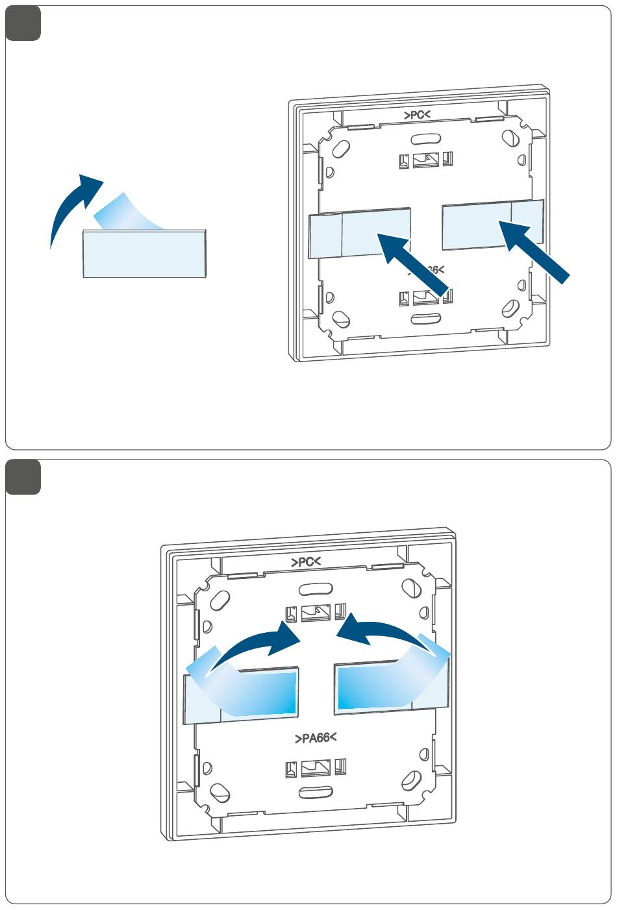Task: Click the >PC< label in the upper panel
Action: coord(417,115)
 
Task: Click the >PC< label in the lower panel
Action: coord(306,561)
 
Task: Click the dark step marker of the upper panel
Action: coord(23,23)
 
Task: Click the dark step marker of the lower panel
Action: coord(23,477)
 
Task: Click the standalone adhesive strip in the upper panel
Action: coord(144,255)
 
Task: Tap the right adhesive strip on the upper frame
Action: coord(492,225)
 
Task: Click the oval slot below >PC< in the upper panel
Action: coord(425,138)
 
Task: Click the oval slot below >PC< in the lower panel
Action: coord(315,589)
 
